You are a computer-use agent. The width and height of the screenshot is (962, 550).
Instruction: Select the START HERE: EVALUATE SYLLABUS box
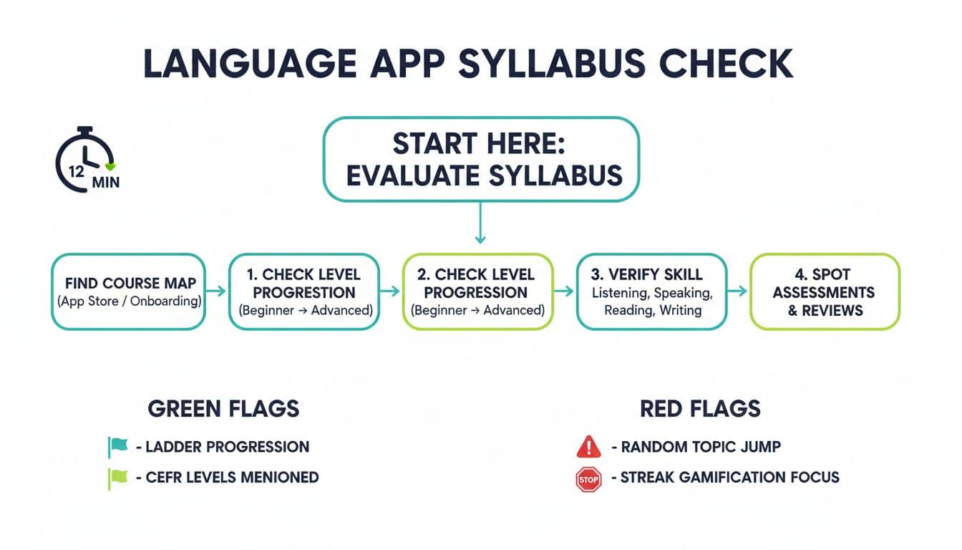pos(480,160)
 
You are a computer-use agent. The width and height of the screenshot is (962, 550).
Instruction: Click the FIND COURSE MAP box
pos(129,291)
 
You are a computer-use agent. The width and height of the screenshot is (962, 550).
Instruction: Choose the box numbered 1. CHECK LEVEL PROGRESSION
pos(304,291)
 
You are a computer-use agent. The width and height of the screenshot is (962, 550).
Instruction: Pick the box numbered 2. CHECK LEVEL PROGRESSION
pos(477,291)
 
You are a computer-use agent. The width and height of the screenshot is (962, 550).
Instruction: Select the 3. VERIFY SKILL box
pos(651,291)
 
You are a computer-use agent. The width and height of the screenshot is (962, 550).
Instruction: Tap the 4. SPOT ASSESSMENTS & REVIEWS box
pos(824,291)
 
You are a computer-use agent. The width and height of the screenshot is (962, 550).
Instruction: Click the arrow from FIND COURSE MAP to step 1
pos(216,291)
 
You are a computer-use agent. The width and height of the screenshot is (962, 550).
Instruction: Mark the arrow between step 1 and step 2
pos(390,291)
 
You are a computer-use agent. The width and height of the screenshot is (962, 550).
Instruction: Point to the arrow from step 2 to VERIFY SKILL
pos(565,291)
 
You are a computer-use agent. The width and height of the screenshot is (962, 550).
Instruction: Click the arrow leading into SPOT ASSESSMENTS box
pos(738,291)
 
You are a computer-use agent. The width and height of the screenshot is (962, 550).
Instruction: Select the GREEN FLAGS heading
pos(223,409)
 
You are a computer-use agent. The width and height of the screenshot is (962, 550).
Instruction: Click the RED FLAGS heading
pos(700,409)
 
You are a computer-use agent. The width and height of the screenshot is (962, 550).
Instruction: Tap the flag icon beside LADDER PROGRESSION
pos(117,447)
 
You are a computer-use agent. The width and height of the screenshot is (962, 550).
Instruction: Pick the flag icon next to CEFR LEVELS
pos(117,478)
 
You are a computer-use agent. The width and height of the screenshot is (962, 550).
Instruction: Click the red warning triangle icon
pos(588,448)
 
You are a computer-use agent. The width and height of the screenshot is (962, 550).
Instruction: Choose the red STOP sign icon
pos(588,479)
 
